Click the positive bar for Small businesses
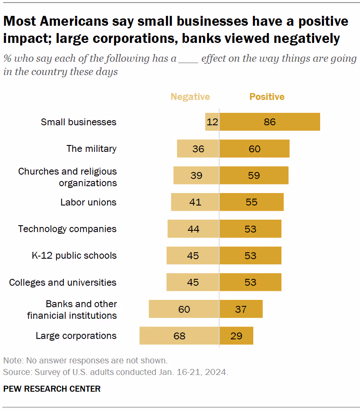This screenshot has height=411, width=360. [x=270, y=122]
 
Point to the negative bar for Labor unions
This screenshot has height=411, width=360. [x=195, y=202]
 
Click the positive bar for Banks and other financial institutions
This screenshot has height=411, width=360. [x=241, y=309]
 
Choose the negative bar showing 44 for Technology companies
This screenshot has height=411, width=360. [x=193, y=229]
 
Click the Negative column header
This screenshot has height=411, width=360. [x=190, y=97]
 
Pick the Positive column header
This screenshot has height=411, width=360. [x=267, y=97]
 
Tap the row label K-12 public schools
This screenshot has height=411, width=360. [x=74, y=256]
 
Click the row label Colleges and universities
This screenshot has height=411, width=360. [x=63, y=282]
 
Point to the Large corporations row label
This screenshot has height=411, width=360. [x=76, y=335]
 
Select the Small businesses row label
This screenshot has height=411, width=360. [x=78, y=122]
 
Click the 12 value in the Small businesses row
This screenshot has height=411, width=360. [x=212, y=122]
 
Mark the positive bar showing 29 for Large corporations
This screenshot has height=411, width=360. [x=236, y=335]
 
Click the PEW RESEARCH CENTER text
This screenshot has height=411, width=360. [x=52, y=389]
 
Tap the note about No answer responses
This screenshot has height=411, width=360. [x=85, y=360]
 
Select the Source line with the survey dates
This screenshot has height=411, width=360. [x=115, y=372]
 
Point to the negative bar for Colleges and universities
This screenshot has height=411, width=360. [x=193, y=282]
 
